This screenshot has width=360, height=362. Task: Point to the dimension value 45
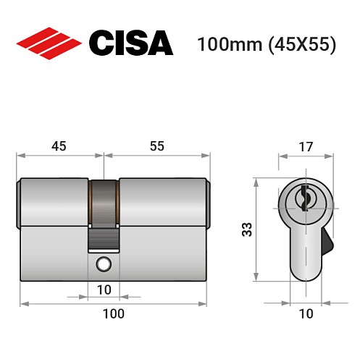[59, 146]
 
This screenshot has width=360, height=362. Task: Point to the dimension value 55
[157, 146]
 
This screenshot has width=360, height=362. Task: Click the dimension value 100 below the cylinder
[113, 313]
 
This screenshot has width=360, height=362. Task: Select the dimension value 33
[247, 230]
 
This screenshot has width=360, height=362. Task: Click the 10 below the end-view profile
[305, 313]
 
